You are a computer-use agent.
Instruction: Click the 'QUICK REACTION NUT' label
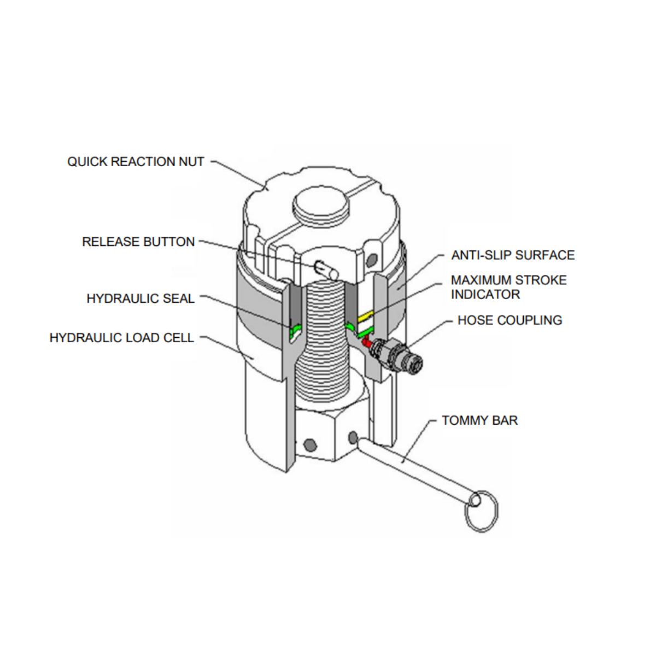click(136, 162)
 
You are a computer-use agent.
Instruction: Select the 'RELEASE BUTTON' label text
click(138, 242)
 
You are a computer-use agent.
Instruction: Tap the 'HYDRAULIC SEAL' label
click(140, 298)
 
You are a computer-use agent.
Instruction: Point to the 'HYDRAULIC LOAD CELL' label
click(122, 338)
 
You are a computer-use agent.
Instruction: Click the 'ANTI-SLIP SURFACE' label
click(513, 255)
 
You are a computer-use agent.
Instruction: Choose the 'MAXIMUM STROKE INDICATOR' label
click(508, 287)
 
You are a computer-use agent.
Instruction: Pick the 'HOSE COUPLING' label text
click(509, 320)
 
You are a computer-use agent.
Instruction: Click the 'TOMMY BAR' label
click(479, 420)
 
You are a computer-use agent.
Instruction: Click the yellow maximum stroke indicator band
click(364, 316)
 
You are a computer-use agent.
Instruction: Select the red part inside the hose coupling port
click(366, 343)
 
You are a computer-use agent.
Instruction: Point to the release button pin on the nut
click(326, 268)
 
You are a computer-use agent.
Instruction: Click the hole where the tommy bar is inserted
click(353, 437)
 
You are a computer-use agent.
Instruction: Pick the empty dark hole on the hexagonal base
click(310, 444)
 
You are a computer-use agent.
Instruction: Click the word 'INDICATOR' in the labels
click(485, 295)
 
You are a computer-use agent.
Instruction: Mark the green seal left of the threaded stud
click(296, 329)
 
